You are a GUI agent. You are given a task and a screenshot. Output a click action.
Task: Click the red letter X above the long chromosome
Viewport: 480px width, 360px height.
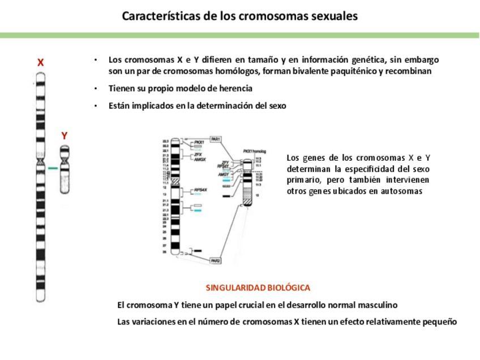[x=41, y=63]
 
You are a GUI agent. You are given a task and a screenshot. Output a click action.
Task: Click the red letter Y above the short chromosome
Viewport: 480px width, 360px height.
[x=65, y=136]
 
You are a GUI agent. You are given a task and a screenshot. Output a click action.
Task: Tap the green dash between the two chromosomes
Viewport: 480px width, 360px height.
[x=53, y=168]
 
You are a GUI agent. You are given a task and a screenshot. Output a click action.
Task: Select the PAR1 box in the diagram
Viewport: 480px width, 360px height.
[x=215, y=139]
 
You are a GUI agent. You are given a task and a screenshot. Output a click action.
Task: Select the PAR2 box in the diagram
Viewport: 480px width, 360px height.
[x=215, y=260]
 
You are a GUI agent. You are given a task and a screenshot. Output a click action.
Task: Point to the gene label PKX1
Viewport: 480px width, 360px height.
[x=198, y=143]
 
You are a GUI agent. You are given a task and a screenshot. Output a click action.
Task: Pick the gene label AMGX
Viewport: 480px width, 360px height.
[x=199, y=160]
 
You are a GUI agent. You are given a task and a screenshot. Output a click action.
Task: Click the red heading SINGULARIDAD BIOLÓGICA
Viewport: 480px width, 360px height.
[x=258, y=288]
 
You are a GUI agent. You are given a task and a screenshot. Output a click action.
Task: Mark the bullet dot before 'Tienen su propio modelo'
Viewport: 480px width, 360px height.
[x=96, y=89]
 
